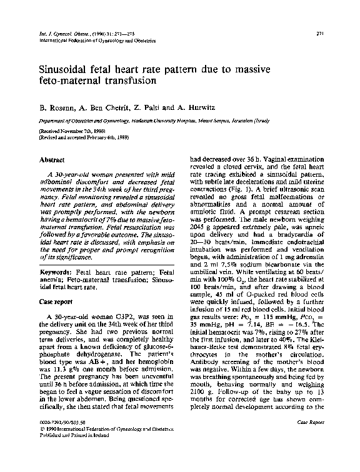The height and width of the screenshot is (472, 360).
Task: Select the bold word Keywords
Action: click(55, 272)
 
